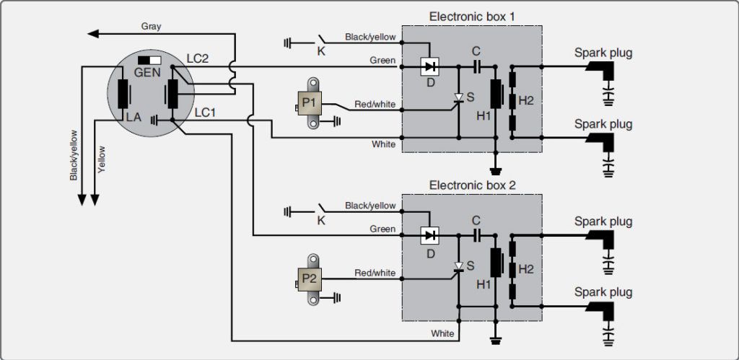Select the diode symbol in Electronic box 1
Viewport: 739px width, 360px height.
coord(429,66)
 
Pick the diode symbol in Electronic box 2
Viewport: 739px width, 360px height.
coord(429,234)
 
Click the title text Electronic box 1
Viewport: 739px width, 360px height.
coord(472,17)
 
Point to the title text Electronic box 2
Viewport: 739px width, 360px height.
coord(472,185)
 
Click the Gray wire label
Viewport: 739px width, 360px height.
coord(151,27)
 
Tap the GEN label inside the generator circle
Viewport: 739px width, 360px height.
coord(147,73)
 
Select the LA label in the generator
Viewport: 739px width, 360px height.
coord(134,118)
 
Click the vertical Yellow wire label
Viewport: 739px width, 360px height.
coord(102,159)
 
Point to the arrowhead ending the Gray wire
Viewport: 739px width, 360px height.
coord(93,33)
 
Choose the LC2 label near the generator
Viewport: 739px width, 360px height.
coord(198,59)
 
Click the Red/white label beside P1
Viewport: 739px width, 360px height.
coord(375,104)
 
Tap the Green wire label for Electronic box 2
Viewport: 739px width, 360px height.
coord(382,229)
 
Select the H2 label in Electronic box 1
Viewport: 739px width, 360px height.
coord(526,100)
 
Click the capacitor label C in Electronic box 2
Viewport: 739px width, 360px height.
coord(476,220)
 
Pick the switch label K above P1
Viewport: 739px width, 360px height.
coord(321,51)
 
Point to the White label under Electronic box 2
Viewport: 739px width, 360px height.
coord(442,333)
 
